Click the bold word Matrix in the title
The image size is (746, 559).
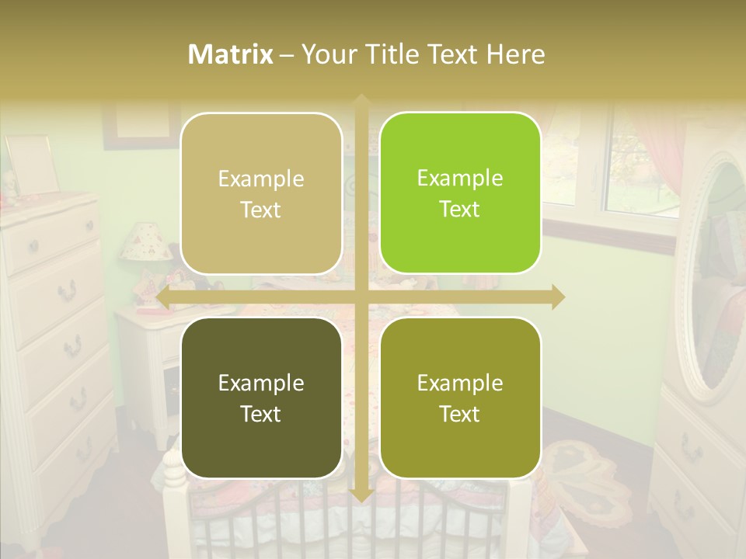click(231, 54)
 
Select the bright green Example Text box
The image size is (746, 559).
click(459, 193)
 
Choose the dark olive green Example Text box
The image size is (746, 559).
click(260, 398)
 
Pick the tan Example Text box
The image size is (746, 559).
click(260, 194)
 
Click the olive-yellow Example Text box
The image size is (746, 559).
click(459, 398)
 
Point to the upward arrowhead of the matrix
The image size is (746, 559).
click(361, 99)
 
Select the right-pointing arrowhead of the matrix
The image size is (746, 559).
click(558, 297)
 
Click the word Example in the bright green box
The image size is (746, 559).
click(459, 178)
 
